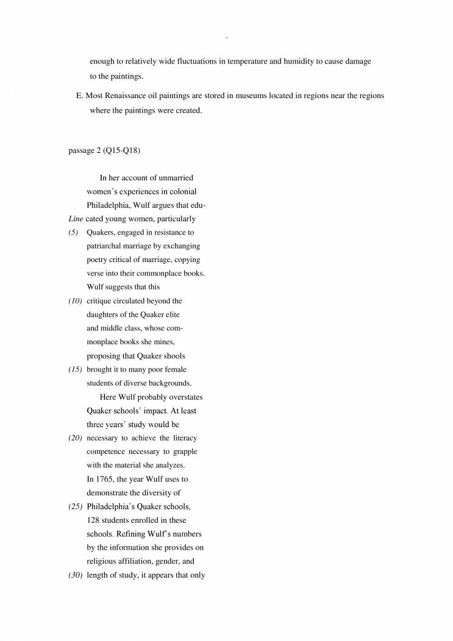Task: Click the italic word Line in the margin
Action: coord(75,219)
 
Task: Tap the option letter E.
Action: coord(77,96)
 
